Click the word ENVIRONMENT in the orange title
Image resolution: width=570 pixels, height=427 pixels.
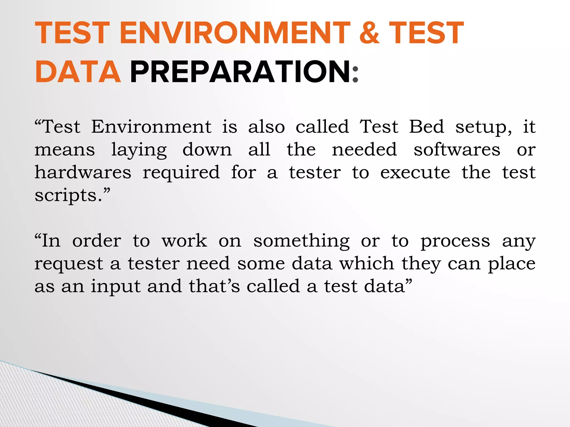[x=235, y=33]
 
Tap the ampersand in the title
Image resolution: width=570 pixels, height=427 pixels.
[x=369, y=33]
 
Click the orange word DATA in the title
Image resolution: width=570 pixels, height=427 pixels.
[x=78, y=72]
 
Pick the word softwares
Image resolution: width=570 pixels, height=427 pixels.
[x=457, y=150]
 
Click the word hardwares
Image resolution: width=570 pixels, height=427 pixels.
[x=83, y=172]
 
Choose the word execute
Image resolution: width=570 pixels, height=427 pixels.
[x=415, y=173]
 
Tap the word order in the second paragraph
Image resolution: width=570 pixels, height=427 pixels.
[x=97, y=241]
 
